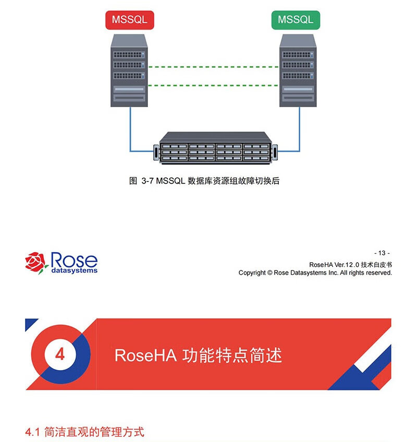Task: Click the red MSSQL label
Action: click(x=130, y=20)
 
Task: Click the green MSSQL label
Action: click(x=296, y=20)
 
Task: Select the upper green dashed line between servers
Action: click(x=214, y=67)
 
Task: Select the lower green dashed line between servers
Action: click(x=214, y=85)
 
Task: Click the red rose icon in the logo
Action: click(x=36, y=261)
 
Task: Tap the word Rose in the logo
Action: click(x=73, y=260)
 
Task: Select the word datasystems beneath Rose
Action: click(x=74, y=271)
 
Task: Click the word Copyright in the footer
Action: click(x=252, y=273)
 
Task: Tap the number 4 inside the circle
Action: click(x=60, y=354)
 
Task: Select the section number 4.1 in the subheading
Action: click(x=33, y=432)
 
